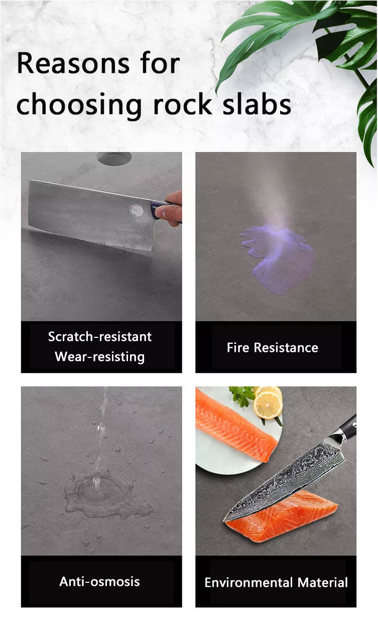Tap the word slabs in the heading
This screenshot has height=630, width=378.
[x=257, y=103]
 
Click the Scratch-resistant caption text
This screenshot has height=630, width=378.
[x=100, y=336]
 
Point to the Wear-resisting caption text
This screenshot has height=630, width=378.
[x=100, y=356]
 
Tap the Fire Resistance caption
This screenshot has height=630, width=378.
[x=273, y=347]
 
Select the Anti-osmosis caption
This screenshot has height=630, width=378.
[x=99, y=582]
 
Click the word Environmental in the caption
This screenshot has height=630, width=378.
[x=248, y=582]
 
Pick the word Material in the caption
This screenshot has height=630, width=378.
[x=323, y=582]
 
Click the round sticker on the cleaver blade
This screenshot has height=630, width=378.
[x=136, y=210]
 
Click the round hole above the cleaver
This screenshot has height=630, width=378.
[x=114, y=158]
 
